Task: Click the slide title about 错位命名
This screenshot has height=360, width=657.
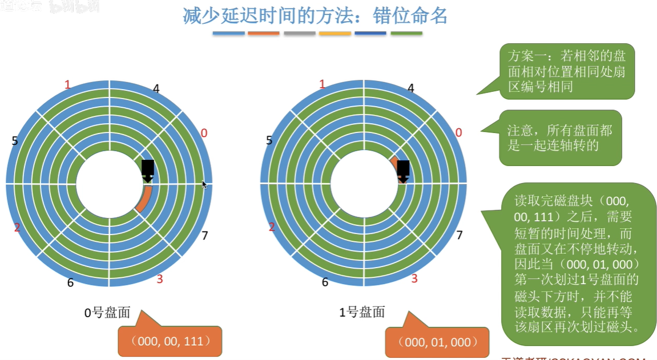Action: click(315, 15)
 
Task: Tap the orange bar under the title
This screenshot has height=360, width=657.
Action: click(264, 33)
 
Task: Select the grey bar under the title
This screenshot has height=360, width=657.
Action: click(299, 33)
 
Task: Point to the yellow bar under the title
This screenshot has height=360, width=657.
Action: click(335, 33)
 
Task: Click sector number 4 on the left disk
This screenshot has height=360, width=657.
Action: click(156, 88)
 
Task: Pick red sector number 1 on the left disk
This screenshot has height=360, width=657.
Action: click(67, 85)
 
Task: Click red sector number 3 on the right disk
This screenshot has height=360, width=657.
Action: click(414, 278)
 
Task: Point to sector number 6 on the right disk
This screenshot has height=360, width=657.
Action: click(325, 282)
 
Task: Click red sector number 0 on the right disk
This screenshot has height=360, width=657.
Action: click(458, 133)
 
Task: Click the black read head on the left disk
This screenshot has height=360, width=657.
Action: click(148, 169)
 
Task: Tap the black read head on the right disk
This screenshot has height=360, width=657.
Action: click(403, 170)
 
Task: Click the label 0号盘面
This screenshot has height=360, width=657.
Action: click(107, 313)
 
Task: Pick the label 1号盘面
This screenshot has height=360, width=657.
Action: click(362, 312)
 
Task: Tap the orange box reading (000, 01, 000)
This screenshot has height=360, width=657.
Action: click(437, 342)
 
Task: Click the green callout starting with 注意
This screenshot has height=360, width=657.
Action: click(559, 137)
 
